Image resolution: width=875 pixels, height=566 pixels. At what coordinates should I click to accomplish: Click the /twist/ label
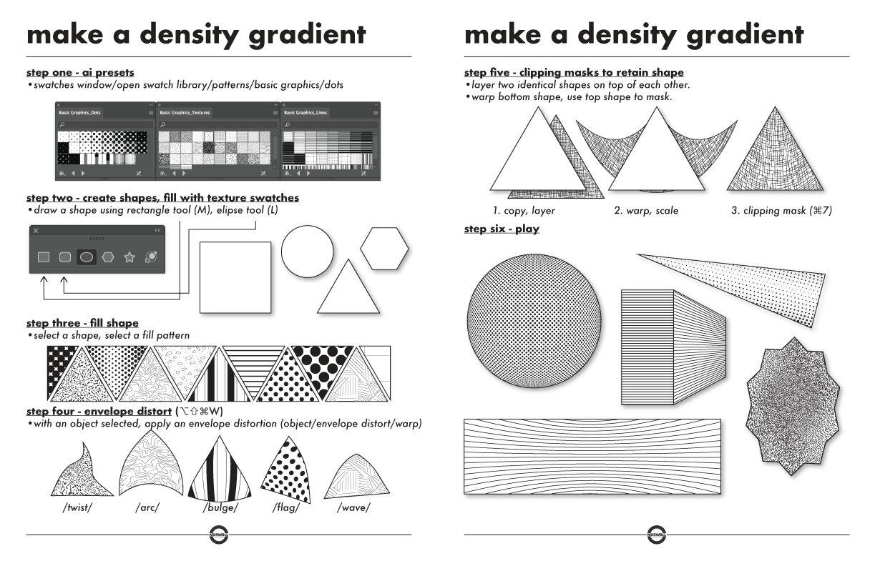(77, 509)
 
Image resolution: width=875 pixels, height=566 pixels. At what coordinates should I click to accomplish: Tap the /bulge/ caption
(221, 509)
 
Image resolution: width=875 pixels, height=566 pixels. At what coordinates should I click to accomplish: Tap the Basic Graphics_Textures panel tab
(185, 113)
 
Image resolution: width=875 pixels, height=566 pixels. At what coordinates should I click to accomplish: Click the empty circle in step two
(308, 251)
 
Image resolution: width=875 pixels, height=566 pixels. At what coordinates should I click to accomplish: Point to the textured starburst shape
(790, 407)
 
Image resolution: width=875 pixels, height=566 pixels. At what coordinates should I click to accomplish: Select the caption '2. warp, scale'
(647, 211)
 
